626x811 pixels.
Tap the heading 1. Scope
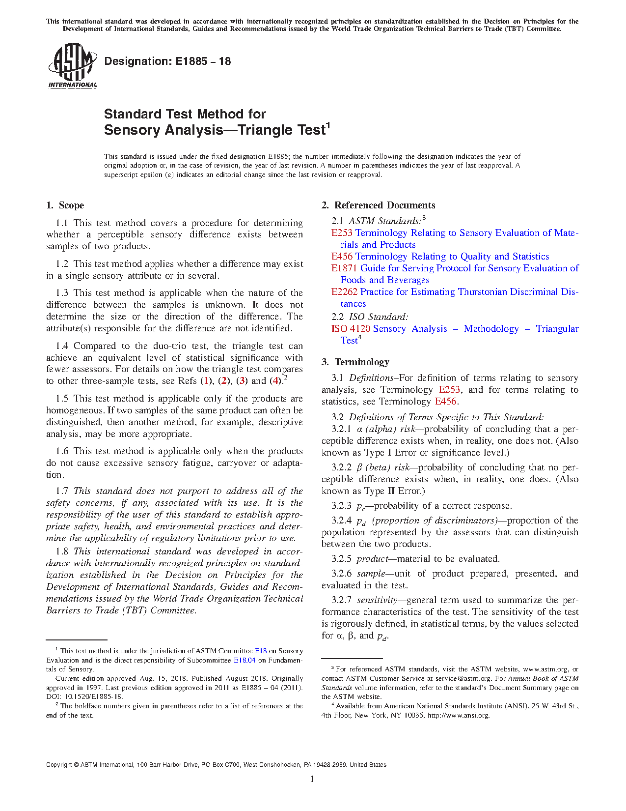[x=65, y=205]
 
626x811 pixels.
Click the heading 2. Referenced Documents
[x=379, y=205]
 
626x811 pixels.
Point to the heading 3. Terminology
[x=355, y=362]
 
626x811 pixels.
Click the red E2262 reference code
[x=344, y=292]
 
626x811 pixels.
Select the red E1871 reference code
[x=344, y=268]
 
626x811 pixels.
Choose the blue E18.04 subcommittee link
[x=244, y=660]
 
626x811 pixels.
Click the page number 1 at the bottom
[x=312, y=779]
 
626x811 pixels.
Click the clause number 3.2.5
[x=341, y=559]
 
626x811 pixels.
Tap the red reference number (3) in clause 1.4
[x=242, y=381]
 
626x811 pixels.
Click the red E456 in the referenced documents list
[x=342, y=257]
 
